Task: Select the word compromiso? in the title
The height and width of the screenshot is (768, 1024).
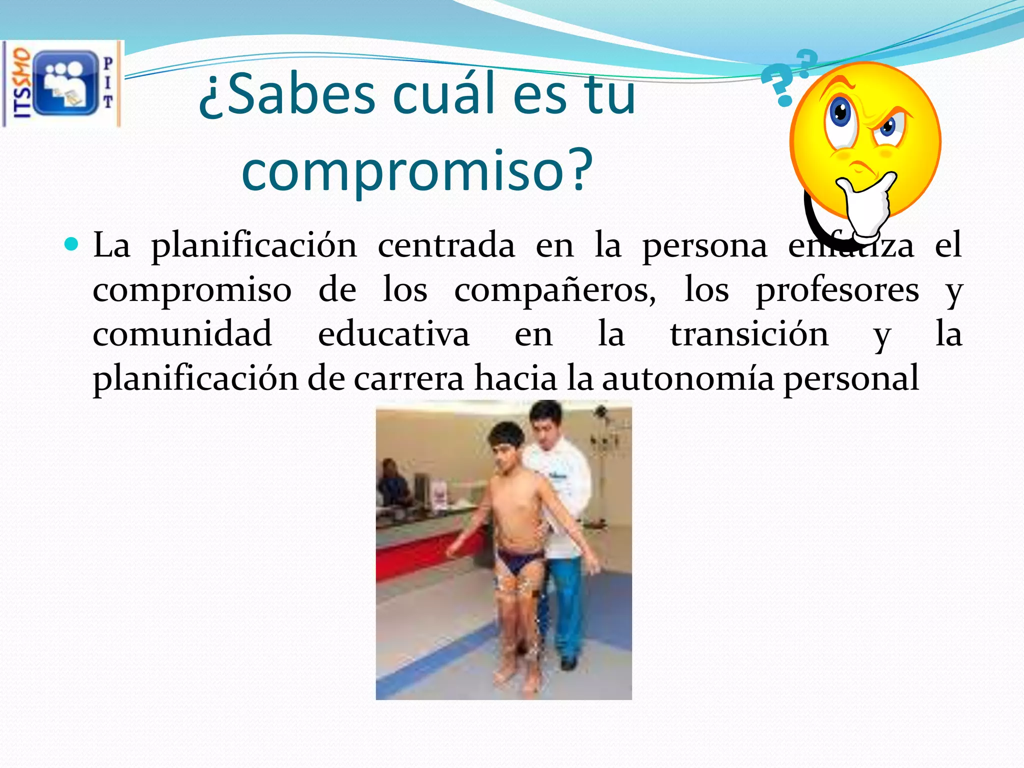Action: [417, 170]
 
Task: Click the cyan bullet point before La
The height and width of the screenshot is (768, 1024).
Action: [71, 244]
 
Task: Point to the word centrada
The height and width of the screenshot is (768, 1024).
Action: [446, 245]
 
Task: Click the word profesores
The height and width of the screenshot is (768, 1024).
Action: [837, 290]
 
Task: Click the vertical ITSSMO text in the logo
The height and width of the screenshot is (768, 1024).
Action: [21, 83]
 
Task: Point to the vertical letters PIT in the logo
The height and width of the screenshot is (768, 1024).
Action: [108, 83]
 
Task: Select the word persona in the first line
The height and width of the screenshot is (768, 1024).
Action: [704, 245]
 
